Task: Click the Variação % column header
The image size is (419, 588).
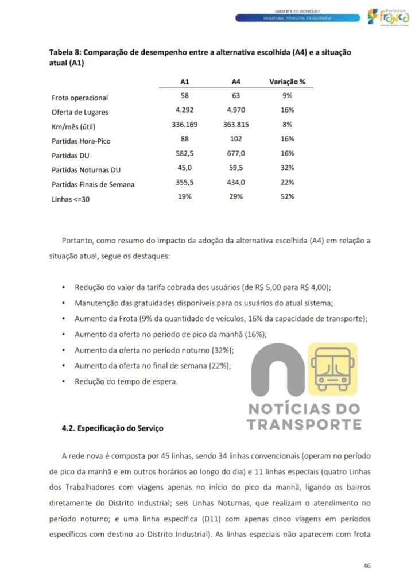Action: pyautogui.click(x=287, y=82)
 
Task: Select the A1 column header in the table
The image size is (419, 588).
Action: pyautogui.click(x=185, y=82)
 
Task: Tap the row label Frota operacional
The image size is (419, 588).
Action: pyautogui.click(x=80, y=98)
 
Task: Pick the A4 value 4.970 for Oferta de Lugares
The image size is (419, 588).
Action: pyautogui.click(x=236, y=110)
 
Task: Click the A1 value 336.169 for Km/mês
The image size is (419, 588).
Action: pyautogui.click(x=185, y=124)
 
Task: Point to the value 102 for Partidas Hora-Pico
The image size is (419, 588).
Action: pyautogui.click(x=236, y=139)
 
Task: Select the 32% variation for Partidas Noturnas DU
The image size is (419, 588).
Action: pyautogui.click(x=287, y=168)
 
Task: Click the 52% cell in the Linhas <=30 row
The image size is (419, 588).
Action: pyautogui.click(x=287, y=196)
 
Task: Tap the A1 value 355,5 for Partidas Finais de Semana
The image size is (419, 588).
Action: pyautogui.click(x=185, y=182)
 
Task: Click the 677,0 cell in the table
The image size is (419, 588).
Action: pyautogui.click(x=236, y=153)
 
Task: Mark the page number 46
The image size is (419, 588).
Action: pyautogui.click(x=367, y=566)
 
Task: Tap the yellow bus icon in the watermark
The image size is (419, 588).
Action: pyautogui.click(x=332, y=369)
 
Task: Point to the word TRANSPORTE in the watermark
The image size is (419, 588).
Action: pyautogui.click(x=304, y=425)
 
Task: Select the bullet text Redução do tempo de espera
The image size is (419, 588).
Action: pyautogui.click(x=126, y=381)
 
